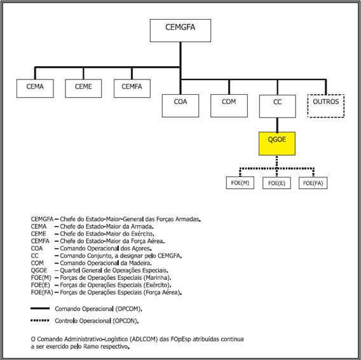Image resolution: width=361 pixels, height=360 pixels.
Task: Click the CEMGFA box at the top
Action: pyautogui.click(x=180, y=31)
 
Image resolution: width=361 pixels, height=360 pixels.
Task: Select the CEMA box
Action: pyautogui.click(x=35, y=88)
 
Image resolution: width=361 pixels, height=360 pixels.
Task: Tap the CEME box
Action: pyautogui.click(x=83, y=88)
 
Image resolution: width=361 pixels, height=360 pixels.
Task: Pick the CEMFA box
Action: pyautogui.click(x=132, y=88)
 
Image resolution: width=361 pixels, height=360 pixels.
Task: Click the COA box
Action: pyautogui.click(x=180, y=106)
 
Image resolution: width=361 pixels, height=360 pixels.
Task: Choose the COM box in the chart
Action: pyautogui.click(x=229, y=106)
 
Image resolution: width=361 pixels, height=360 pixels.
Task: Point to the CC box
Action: pyautogui.click(x=278, y=106)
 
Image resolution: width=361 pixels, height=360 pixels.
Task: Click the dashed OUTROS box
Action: pyautogui.click(x=326, y=106)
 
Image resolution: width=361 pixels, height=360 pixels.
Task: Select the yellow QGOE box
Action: pyautogui.click(x=277, y=143)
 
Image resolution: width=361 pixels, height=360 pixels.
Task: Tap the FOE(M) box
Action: pyautogui.click(x=240, y=183)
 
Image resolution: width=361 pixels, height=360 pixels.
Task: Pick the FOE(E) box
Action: pyautogui.click(x=276, y=183)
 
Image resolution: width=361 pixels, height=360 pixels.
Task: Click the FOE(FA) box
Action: pyautogui.click(x=313, y=183)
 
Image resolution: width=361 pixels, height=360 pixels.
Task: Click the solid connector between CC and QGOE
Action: pyautogui.click(x=277, y=125)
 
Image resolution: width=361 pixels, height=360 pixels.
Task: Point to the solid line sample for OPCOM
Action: pyautogui.click(x=40, y=308)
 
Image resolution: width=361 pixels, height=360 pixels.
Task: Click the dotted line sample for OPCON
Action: pyautogui.click(x=40, y=320)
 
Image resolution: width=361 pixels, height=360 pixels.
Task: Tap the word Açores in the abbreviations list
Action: pyautogui.click(x=142, y=249)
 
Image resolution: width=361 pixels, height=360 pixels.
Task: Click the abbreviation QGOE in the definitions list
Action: pyautogui.click(x=39, y=270)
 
